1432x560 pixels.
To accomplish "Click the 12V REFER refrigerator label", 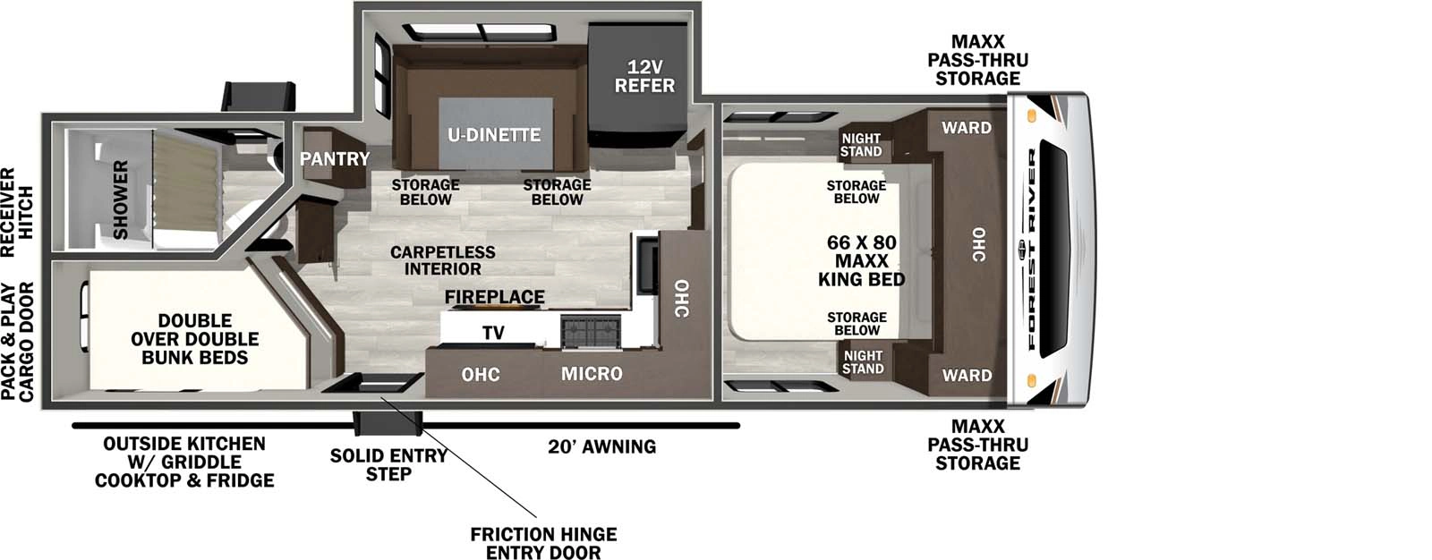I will click(x=644, y=77).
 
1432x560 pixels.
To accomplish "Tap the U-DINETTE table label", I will click(x=494, y=135).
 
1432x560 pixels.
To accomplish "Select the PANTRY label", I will click(x=335, y=159).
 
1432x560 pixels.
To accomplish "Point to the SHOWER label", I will click(x=120, y=199).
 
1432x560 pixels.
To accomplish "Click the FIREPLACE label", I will click(x=494, y=297).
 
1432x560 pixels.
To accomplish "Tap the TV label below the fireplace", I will click(x=493, y=333).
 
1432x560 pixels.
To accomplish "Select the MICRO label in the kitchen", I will click(x=592, y=374).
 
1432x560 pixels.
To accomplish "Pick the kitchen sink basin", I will click(x=646, y=265).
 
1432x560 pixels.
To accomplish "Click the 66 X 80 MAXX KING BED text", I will click(x=861, y=261).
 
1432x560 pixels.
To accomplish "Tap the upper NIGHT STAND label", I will click(x=861, y=145).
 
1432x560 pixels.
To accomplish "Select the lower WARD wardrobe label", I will click(x=967, y=376).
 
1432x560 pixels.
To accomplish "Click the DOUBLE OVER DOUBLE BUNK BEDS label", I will click(x=194, y=339).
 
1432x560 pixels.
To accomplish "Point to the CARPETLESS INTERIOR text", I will click(x=442, y=260).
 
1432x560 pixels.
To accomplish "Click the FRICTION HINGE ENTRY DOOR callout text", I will click(x=543, y=543).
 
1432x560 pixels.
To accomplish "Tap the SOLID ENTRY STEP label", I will click(x=388, y=464).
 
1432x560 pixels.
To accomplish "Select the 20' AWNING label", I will click(x=601, y=446).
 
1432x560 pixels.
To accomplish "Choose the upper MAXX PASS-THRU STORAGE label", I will click(x=977, y=60).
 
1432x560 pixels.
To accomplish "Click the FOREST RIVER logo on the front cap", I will click(x=1031, y=250).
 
